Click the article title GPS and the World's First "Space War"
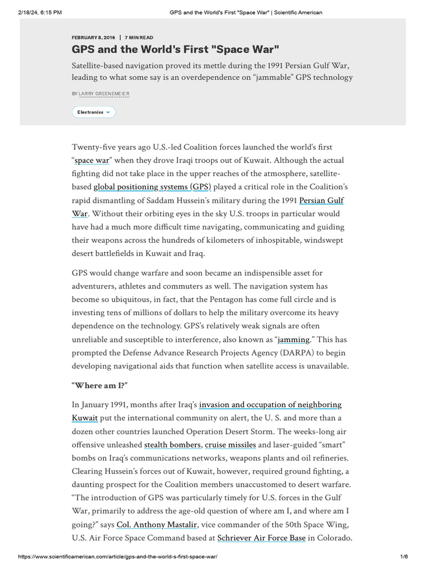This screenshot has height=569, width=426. coord(175,49)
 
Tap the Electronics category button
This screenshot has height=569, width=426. coord(94,112)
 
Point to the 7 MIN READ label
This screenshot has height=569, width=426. coord(139,37)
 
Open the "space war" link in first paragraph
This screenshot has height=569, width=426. coord(92,161)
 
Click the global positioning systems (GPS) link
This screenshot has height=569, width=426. coord(152,187)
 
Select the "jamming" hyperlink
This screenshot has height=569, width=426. coord(293,339)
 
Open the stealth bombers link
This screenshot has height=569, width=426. coord(173,445)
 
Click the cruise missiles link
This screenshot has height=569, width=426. coord(230,445)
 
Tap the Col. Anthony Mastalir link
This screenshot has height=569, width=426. coord(157,525)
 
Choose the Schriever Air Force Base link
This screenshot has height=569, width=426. coord(261,538)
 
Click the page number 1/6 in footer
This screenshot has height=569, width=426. coord(403,557)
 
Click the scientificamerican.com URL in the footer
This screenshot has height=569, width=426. coord(118,557)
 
